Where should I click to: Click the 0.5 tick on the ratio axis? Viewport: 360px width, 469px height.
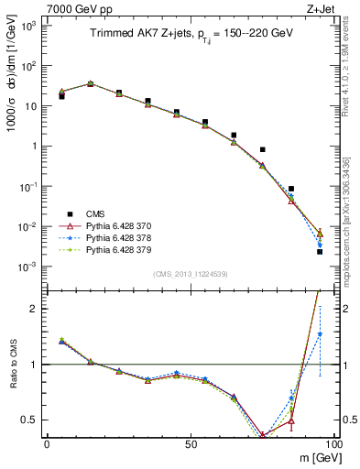pyautogui.click(x=32, y=420)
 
